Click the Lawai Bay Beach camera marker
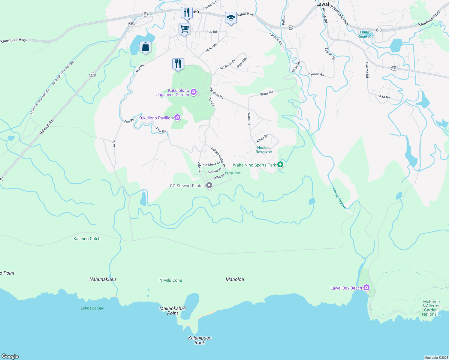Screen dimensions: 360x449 click(x=366, y=288)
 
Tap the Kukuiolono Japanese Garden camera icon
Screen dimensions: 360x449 click(x=194, y=92)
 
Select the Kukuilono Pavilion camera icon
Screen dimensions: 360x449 click(x=177, y=118)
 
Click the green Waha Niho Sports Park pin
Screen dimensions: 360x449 click(x=280, y=164)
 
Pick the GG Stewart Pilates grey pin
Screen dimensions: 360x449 click(x=209, y=185)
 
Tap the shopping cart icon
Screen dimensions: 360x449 click(x=184, y=29)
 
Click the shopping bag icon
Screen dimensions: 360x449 click(x=145, y=47)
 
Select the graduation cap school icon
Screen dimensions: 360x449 click(x=231, y=18)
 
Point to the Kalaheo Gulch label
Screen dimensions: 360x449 click(x=87, y=238)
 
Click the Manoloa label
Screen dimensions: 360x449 click(x=235, y=279)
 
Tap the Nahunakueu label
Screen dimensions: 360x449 click(x=103, y=279)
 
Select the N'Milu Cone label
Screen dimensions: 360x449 click(x=170, y=280)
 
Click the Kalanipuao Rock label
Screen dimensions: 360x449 click(x=200, y=340)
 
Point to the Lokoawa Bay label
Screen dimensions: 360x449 click(x=92, y=308)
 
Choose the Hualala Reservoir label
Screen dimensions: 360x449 click(x=264, y=150)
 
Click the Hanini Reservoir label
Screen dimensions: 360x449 click(x=366, y=34)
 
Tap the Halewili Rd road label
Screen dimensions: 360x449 click(x=46, y=127)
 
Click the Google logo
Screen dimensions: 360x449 click(x=10, y=356)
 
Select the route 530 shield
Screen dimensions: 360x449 click(x=394, y=68)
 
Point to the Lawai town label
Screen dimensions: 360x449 click(x=323, y=4)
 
